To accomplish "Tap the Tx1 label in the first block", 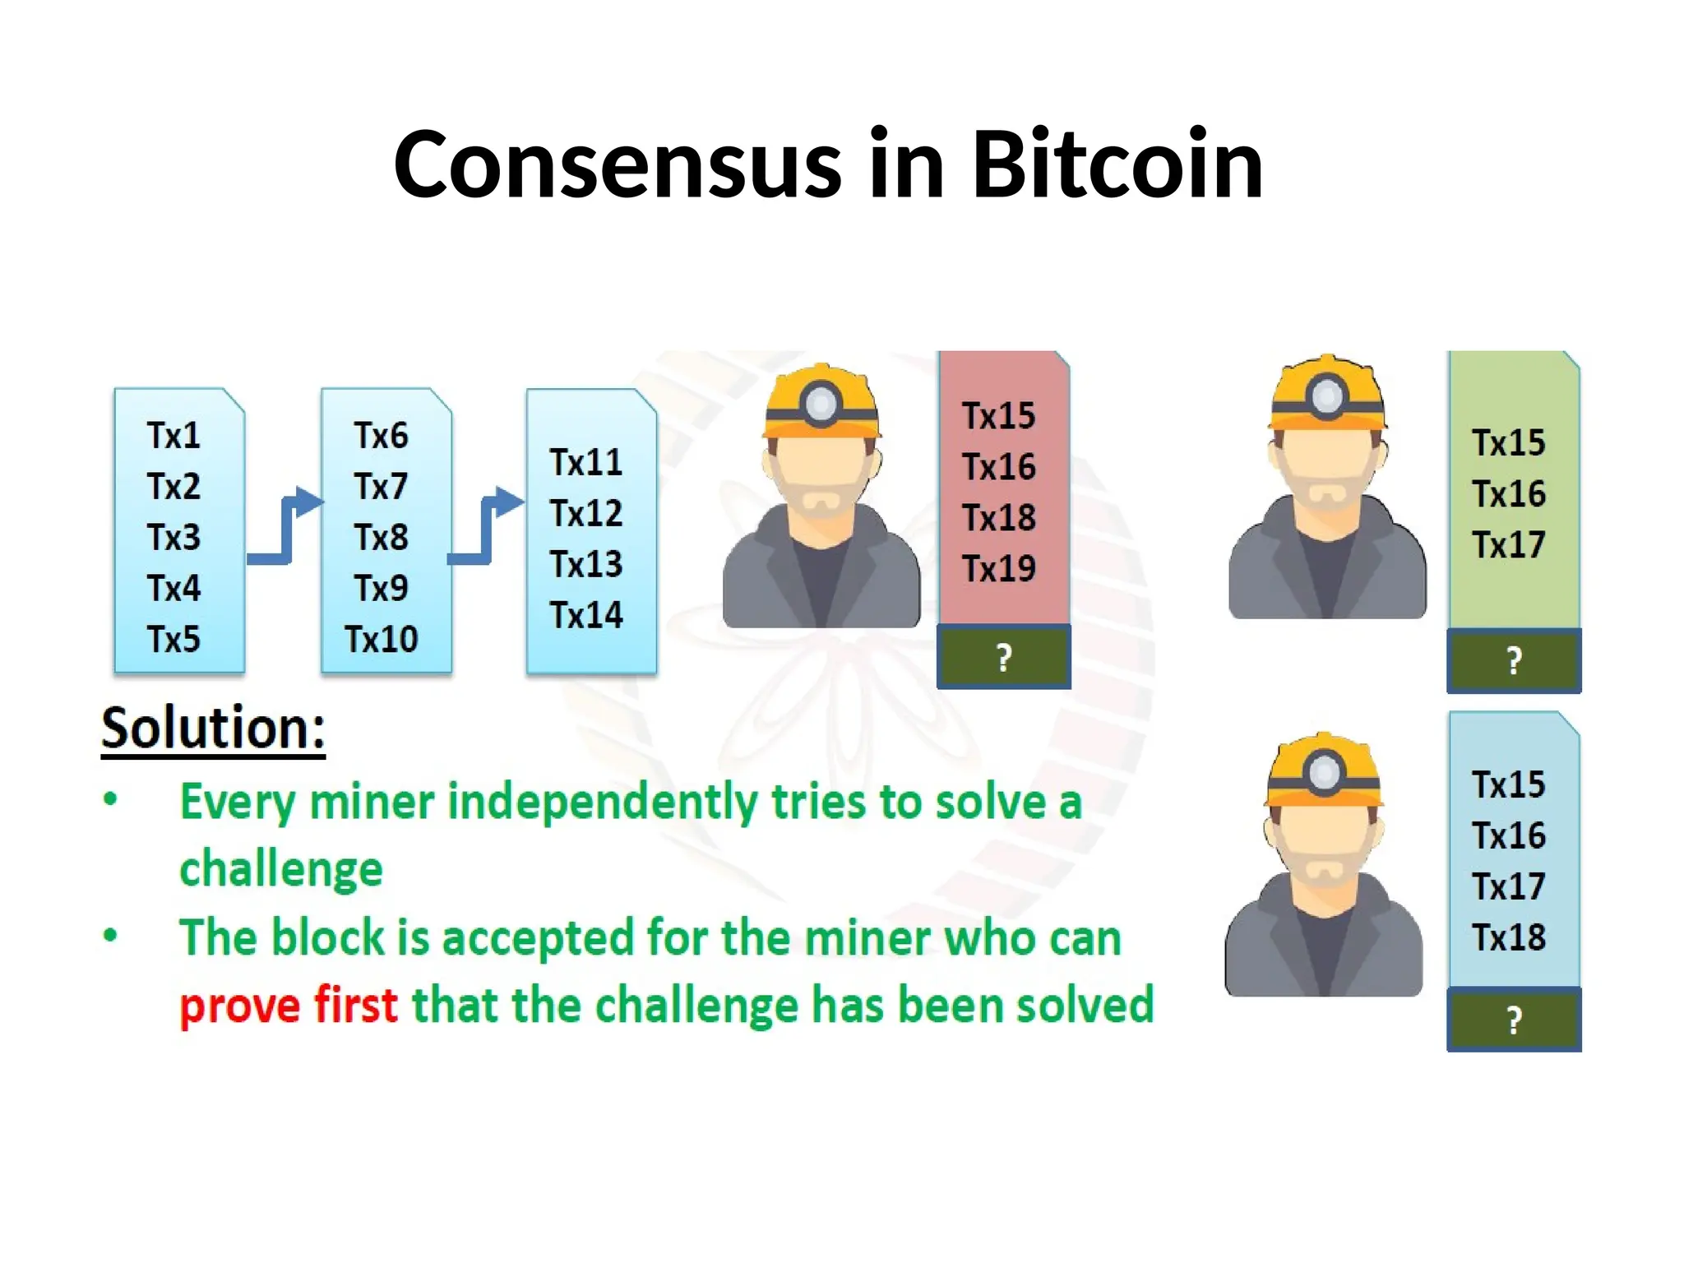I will coord(173,436).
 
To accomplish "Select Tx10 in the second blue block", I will coord(381,640).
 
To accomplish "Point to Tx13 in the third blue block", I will coord(586,565).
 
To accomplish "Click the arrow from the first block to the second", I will coord(285,526).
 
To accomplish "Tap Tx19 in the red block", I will coord(999,569).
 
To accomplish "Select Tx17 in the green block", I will coord(1508,545).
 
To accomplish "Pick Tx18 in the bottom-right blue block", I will coord(1508,937).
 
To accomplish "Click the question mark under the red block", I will coord(1003,658).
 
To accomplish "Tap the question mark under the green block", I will coord(1513,661).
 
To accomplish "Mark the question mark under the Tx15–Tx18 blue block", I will coord(1513,1020).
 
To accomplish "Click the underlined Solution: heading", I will coord(213,729).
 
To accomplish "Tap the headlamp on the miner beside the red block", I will coord(821,403).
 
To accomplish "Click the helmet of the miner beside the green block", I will coord(1326,395).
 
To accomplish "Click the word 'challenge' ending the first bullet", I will coord(281,870).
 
